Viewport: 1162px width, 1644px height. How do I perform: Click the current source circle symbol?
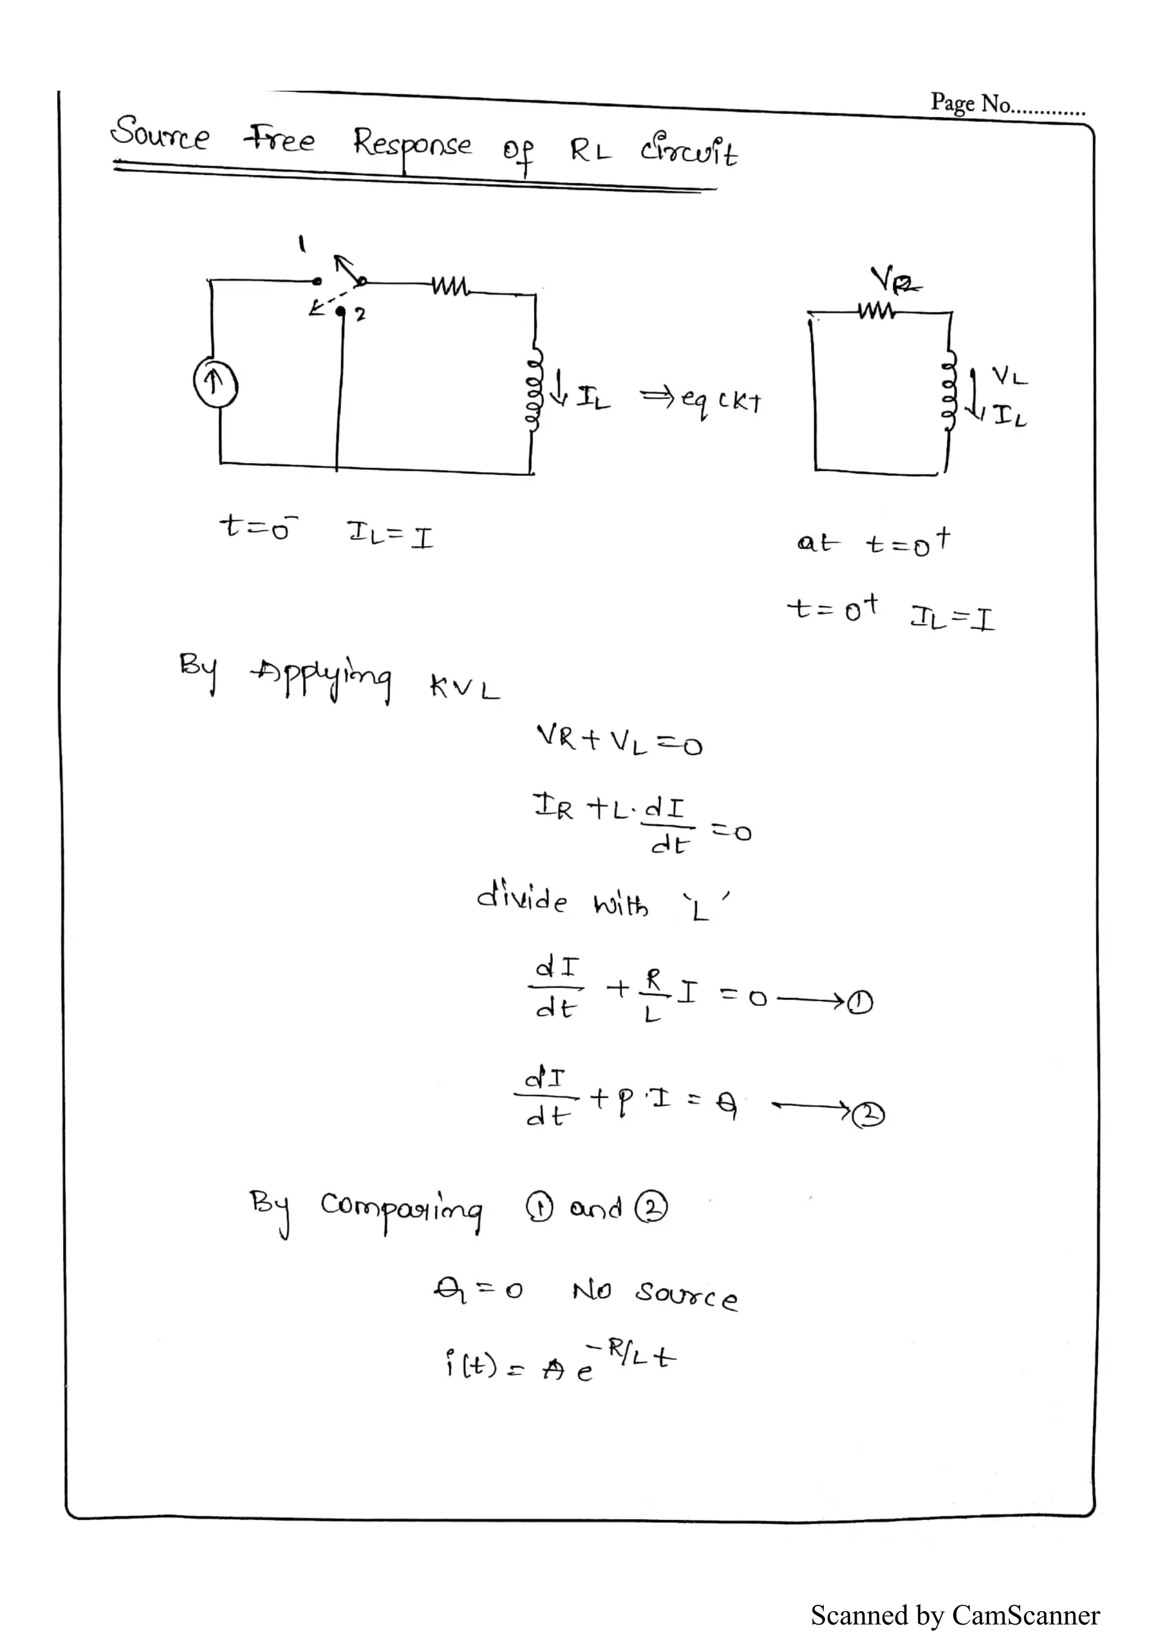[216, 385]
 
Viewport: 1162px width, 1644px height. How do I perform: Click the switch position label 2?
[360, 314]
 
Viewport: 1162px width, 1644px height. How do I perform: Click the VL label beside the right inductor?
[1009, 376]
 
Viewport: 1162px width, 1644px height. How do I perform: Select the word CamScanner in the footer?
[1025, 1609]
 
